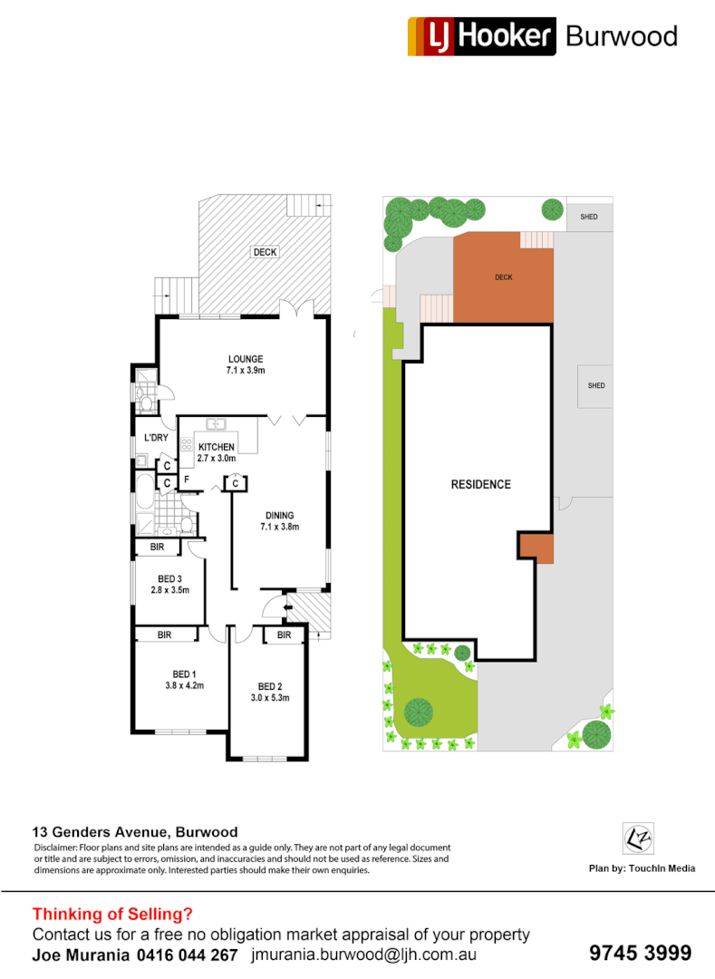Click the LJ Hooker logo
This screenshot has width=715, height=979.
point(481,36)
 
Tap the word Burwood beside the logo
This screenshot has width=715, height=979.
point(621,36)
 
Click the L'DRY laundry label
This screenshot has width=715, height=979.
point(156,439)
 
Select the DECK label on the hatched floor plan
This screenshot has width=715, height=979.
point(266,252)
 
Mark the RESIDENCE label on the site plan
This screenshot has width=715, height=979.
point(480,484)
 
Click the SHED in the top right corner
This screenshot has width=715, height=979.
point(589,218)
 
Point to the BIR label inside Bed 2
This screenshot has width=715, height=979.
point(285,635)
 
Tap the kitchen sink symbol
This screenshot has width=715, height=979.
point(216,423)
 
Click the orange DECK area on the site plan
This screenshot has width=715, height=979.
point(504,277)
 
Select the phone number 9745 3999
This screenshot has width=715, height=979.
point(640,953)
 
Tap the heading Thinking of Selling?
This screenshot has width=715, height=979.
point(112,914)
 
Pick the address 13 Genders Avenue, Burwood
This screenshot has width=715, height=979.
point(135,831)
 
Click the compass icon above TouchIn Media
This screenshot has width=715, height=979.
point(637,838)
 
